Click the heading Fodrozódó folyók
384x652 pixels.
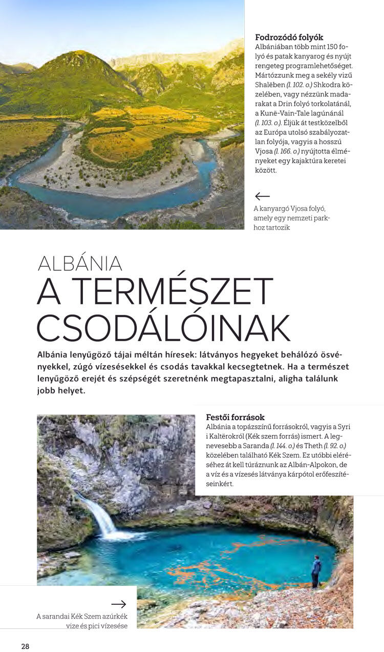coord(289,37)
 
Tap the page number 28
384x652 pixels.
coord(25,646)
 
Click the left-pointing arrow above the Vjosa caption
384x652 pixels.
coord(262,196)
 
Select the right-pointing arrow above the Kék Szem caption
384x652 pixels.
coord(118,604)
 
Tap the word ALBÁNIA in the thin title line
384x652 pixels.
coord(80,263)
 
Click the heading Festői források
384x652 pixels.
coord(235,417)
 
